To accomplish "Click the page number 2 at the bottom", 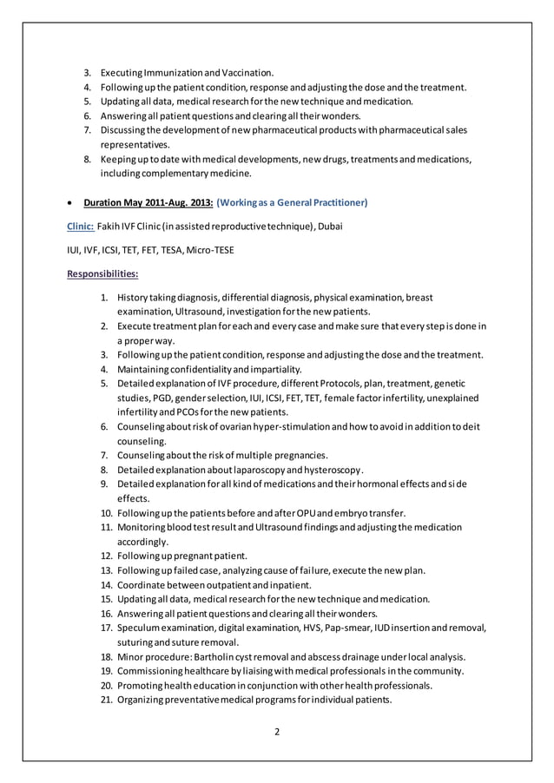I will pyautogui.click(x=277, y=731).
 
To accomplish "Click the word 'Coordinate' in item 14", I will pyautogui.click(x=142, y=584).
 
